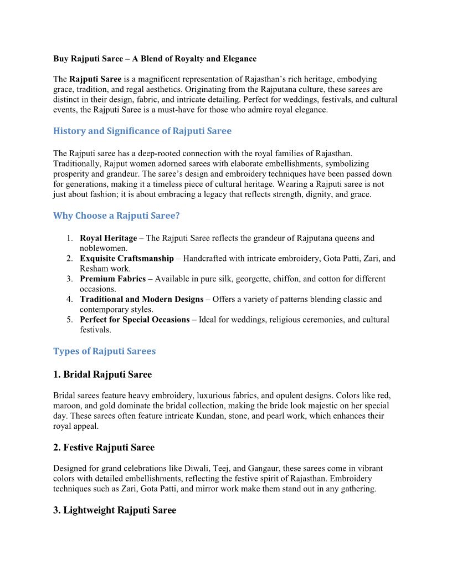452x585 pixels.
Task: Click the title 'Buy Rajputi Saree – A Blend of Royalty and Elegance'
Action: point(155,59)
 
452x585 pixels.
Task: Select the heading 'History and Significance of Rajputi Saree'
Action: point(142,131)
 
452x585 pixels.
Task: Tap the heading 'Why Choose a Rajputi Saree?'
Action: point(116,215)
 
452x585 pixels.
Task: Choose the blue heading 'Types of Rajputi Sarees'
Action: point(104,351)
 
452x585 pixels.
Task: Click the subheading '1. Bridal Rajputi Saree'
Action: point(102,374)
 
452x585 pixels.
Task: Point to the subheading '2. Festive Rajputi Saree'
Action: point(104,447)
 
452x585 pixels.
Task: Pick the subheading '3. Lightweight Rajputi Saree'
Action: point(114,510)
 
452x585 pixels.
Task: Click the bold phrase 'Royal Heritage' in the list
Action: point(108,238)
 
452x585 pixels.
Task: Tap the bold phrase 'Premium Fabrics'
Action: point(112,279)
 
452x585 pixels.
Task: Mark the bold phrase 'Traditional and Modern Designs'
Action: point(141,300)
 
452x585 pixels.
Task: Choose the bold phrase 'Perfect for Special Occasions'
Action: point(135,320)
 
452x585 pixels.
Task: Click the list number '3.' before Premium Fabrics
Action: point(70,279)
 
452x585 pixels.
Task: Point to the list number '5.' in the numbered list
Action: point(70,320)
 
